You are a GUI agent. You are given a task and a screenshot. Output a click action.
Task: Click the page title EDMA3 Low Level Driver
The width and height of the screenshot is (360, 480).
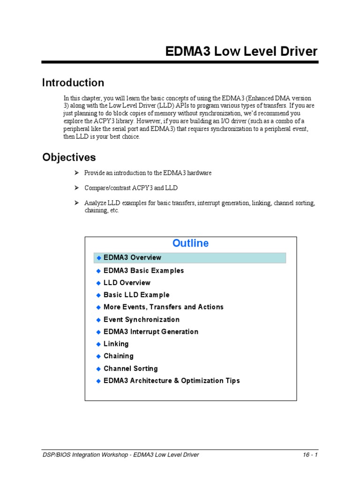(x=241, y=52)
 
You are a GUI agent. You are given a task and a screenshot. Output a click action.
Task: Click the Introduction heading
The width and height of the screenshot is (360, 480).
(x=73, y=83)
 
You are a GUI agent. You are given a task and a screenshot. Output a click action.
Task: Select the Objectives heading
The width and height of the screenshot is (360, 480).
(x=69, y=157)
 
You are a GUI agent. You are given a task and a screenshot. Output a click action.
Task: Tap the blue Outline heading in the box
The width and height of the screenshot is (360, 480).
(x=190, y=243)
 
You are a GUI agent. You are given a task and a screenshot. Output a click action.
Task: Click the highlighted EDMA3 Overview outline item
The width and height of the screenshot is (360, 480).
(x=132, y=257)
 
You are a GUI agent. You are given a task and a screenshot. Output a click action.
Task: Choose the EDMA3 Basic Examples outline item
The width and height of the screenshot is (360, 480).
(x=143, y=270)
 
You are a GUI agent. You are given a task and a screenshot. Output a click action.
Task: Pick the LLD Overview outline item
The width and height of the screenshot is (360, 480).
(x=127, y=283)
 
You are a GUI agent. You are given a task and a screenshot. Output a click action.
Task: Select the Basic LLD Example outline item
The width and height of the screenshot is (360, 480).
(x=136, y=295)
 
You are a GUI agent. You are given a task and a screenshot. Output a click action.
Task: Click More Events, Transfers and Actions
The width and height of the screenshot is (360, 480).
(x=163, y=307)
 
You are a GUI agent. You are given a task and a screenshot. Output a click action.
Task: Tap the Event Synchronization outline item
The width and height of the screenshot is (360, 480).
(x=141, y=320)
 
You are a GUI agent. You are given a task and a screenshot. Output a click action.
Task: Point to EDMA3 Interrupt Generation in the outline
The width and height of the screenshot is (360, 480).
(x=150, y=332)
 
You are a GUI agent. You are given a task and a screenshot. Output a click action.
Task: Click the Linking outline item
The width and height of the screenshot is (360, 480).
(x=116, y=344)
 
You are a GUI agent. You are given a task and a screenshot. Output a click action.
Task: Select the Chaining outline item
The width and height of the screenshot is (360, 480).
(x=118, y=356)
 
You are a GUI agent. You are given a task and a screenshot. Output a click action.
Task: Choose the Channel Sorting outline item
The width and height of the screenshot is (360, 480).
(x=130, y=368)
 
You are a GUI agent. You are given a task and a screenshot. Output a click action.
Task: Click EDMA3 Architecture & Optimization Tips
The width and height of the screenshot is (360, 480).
(x=172, y=381)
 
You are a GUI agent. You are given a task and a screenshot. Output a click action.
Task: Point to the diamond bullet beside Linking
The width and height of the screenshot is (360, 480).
(x=98, y=344)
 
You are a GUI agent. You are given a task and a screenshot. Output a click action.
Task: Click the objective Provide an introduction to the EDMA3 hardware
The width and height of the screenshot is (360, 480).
(x=148, y=173)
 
